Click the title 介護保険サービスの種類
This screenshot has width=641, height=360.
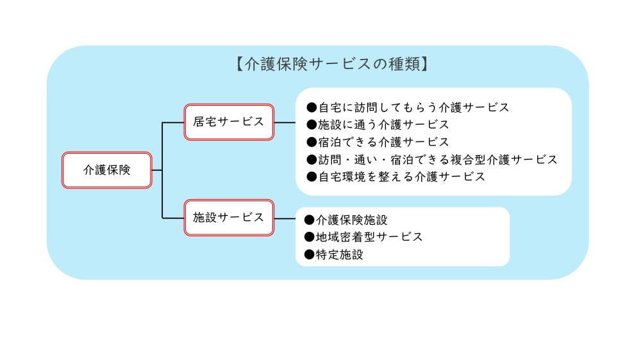point(330,65)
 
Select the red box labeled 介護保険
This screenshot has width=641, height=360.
point(106,170)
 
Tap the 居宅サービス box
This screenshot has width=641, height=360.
point(229,122)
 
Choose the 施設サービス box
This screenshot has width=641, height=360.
point(229,217)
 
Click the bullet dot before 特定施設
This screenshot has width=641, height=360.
point(310,254)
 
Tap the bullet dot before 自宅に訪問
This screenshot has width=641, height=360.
point(312,108)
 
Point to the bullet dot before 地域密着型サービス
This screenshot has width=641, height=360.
point(310,237)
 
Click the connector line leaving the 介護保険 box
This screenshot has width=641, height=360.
point(157,170)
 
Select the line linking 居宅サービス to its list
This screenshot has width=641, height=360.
point(285,122)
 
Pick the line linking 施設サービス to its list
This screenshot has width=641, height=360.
point(285,218)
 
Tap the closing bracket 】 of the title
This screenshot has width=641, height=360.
point(423,65)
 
